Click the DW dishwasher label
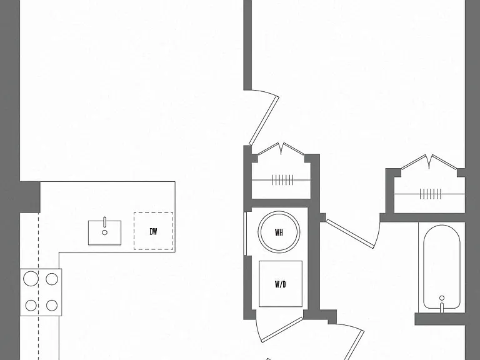[153, 231]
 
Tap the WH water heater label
[279, 232]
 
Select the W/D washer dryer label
[281, 284]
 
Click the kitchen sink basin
[105, 232]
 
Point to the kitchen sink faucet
[105, 222]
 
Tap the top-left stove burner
[31, 279]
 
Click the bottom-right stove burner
[52, 305]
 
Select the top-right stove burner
[52, 279]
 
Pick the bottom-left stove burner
[31, 305]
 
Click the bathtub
[441, 267]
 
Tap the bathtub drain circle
[442, 298]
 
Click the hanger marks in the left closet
[283, 180]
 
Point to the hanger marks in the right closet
[431, 194]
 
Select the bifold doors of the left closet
[281, 149]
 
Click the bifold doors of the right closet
[430, 161]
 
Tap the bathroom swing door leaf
[349, 234]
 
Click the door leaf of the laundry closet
[282, 330]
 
